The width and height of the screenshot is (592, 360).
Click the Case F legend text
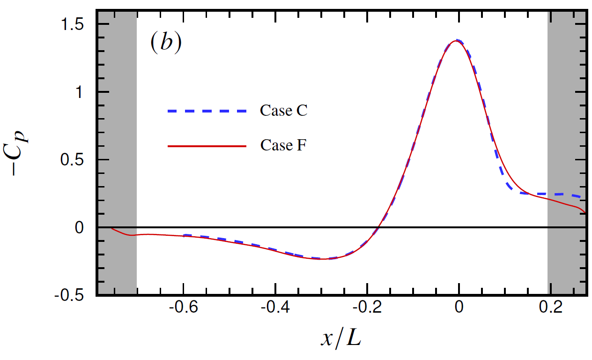click(283, 145)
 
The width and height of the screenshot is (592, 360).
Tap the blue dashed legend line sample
click(207, 111)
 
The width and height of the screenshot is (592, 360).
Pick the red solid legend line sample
click(207, 146)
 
